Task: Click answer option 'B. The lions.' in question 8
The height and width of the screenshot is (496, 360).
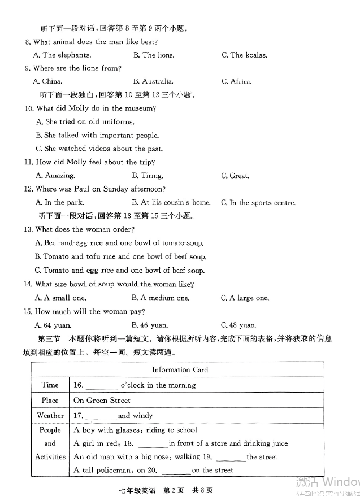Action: point(154,55)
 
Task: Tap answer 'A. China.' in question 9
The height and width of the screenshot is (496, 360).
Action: point(48,81)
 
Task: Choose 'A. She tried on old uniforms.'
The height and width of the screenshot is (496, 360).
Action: point(85,121)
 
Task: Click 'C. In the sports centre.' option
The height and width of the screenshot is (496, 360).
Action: point(258,202)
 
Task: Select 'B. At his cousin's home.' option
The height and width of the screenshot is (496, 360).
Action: point(171,202)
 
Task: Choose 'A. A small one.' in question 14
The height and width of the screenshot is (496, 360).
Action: point(60,298)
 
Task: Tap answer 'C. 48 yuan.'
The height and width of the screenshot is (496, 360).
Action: point(238,325)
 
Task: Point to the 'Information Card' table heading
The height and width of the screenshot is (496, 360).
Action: point(180,369)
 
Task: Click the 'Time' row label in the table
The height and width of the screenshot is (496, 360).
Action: point(50,385)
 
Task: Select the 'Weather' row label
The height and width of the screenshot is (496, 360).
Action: point(50,415)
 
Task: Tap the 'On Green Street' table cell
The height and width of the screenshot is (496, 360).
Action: point(102,400)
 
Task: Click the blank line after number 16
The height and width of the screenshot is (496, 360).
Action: point(102,386)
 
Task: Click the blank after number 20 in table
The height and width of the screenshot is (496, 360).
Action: point(176,471)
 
